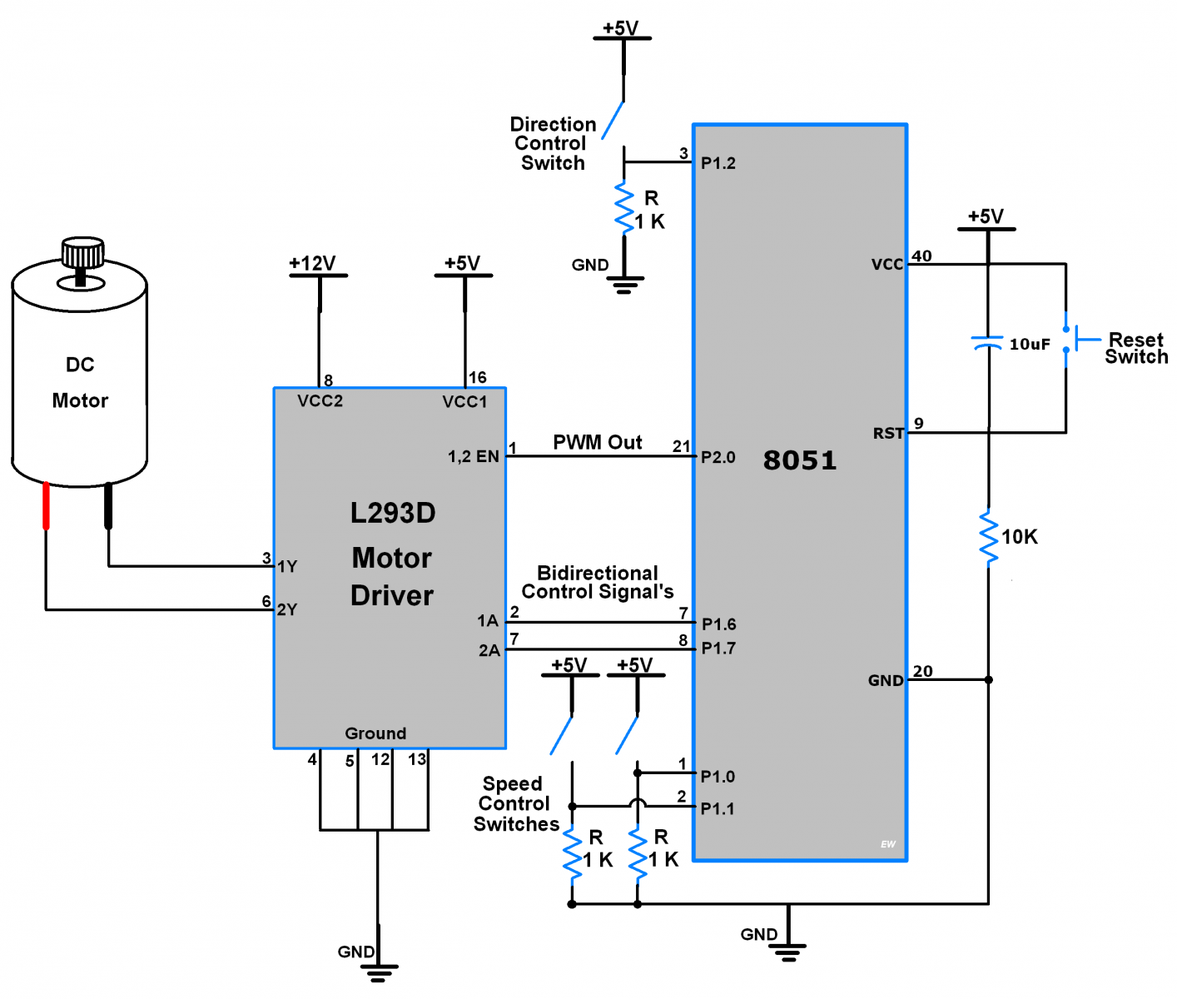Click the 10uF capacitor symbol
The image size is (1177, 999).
point(987,342)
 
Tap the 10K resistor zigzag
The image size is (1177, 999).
point(989,537)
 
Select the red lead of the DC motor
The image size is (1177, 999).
point(46,505)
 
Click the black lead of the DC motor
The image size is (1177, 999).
point(108,505)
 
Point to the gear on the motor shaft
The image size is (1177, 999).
point(82,251)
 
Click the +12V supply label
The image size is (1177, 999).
point(312,264)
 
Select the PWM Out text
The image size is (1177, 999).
point(597,442)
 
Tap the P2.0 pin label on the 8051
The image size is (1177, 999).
point(718,457)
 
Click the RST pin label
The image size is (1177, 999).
point(887,433)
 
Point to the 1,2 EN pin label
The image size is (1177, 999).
point(473,456)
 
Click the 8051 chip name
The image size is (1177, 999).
point(799,460)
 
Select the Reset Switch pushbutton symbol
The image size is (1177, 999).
point(1074,340)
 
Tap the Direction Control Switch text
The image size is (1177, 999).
point(552,143)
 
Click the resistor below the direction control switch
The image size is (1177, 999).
point(624,208)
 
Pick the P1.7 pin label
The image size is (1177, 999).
point(718,649)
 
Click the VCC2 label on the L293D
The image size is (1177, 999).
point(320,401)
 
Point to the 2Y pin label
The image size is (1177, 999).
point(287,609)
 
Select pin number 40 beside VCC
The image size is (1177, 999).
point(921,256)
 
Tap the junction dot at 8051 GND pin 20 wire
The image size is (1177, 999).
point(989,680)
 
